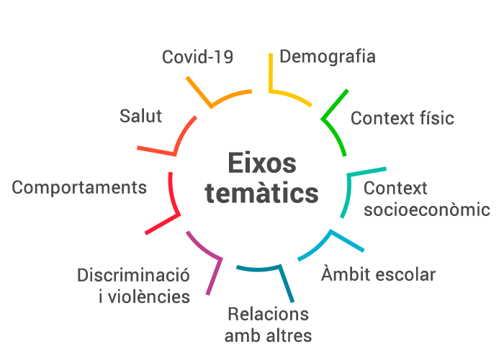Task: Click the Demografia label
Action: (x=328, y=56)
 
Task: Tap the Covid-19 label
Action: (x=197, y=57)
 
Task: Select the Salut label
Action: (x=141, y=116)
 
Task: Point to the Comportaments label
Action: (x=79, y=188)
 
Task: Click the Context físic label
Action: (x=402, y=118)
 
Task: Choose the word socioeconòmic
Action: (x=426, y=210)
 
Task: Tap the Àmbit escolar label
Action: (x=378, y=274)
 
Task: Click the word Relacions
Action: (x=268, y=314)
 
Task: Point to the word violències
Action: (x=153, y=297)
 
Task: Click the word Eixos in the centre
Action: (x=261, y=163)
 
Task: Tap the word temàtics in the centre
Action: (x=261, y=193)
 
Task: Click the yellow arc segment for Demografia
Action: (x=292, y=95)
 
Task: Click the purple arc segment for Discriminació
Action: (x=204, y=248)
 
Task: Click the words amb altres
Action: (x=268, y=336)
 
